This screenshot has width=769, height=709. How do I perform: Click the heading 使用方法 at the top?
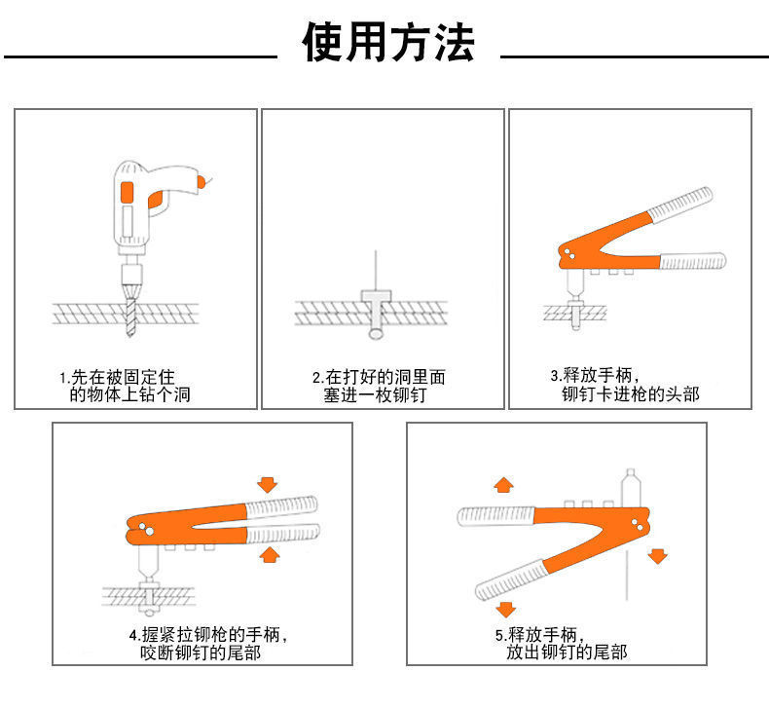point(388,44)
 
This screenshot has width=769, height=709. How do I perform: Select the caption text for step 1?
point(122,386)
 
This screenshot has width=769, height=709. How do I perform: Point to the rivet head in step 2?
point(375,294)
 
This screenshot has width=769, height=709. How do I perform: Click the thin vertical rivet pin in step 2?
point(375,269)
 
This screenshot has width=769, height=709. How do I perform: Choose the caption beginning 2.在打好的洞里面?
point(379,386)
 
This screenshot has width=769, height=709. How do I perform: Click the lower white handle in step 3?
point(692,260)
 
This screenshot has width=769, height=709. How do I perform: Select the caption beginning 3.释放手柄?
point(623,384)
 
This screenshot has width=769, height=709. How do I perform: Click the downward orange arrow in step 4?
point(269,483)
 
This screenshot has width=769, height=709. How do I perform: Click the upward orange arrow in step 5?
point(502,484)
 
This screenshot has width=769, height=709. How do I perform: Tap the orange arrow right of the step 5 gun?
point(658,556)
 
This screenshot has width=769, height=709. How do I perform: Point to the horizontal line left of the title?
point(140,56)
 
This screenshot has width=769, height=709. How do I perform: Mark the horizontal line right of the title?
point(634,56)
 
